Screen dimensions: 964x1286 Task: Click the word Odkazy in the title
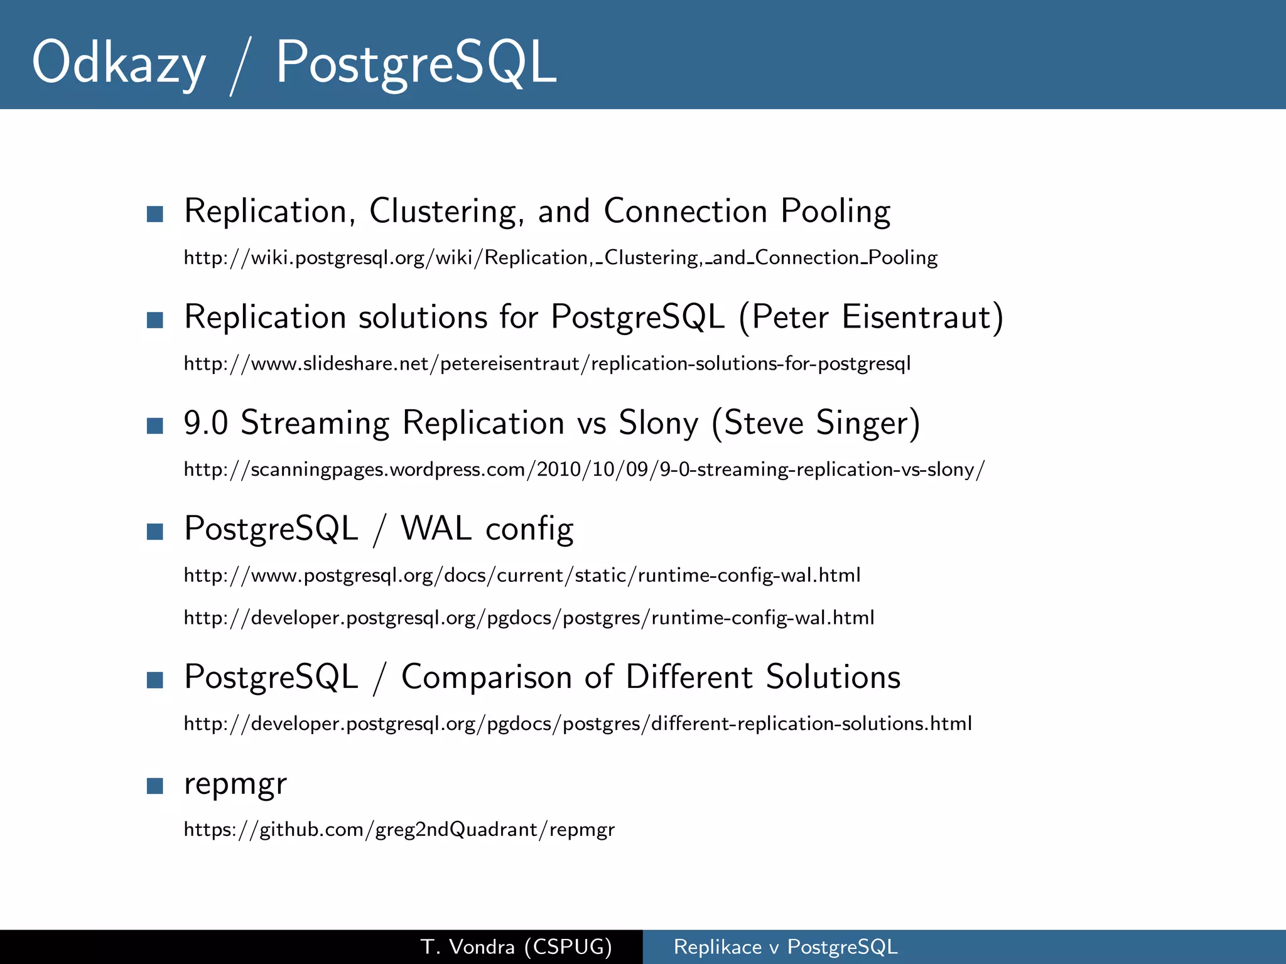coord(118,63)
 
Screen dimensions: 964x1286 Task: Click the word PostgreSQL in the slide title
coord(416,63)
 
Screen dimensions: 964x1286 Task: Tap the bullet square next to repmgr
coord(154,786)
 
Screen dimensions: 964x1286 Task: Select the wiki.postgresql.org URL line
coord(560,258)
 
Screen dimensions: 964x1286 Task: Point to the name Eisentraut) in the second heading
coord(922,317)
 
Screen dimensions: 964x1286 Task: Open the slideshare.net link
coord(547,364)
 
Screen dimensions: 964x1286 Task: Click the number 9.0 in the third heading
coord(205,423)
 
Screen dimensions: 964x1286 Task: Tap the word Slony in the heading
coord(658,423)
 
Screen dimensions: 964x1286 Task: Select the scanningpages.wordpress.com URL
coord(584,469)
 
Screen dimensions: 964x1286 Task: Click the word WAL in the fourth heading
coord(436,528)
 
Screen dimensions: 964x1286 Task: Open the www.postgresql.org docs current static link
coord(522,576)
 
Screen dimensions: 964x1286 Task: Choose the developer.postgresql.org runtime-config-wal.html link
coord(529,618)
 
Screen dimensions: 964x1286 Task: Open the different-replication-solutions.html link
coord(578,724)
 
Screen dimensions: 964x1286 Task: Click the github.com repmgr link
coord(399,830)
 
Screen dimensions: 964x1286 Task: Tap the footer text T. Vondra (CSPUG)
coord(516,946)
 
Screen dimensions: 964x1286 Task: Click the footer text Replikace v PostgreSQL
coord(786,946)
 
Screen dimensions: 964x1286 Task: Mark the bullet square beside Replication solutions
coord(154,320)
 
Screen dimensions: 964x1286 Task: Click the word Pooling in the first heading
coord(835,212)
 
